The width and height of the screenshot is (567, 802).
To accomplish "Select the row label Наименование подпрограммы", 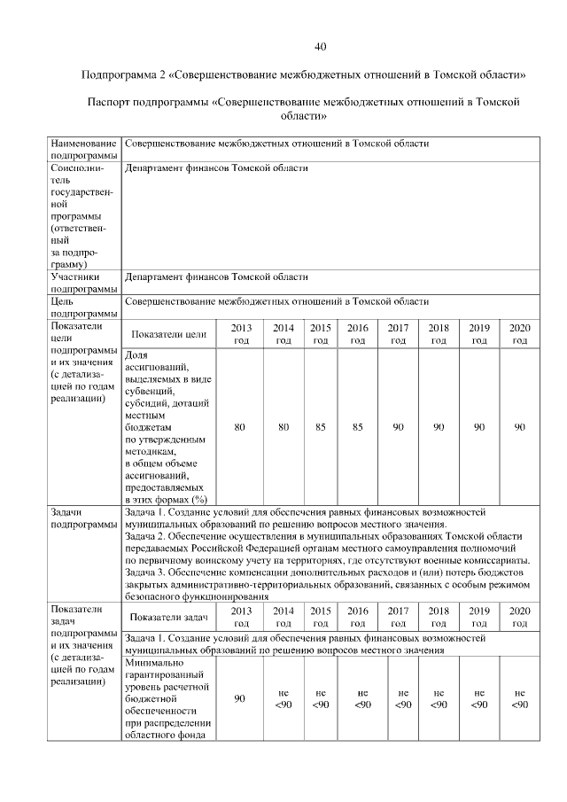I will point(84,149).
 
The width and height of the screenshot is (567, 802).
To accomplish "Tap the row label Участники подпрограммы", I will point(84,283).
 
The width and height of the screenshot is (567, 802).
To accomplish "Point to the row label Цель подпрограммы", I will point(84,308).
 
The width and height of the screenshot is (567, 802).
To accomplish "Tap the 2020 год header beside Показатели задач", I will point(519,617).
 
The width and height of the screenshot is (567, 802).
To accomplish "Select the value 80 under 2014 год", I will point(283,427).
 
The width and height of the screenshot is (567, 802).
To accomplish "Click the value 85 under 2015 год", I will point(321,427).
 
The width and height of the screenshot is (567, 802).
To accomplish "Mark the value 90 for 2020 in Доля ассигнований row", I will point(519,427).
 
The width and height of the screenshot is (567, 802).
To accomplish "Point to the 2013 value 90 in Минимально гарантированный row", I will point(239,699).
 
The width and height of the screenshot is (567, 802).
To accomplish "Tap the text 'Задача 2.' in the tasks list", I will point(148,537).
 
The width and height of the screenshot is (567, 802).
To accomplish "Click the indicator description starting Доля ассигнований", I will point(167,427).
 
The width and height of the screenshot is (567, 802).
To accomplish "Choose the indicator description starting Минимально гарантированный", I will point(167,698).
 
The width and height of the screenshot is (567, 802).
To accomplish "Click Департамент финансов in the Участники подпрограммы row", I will point(177,276).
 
